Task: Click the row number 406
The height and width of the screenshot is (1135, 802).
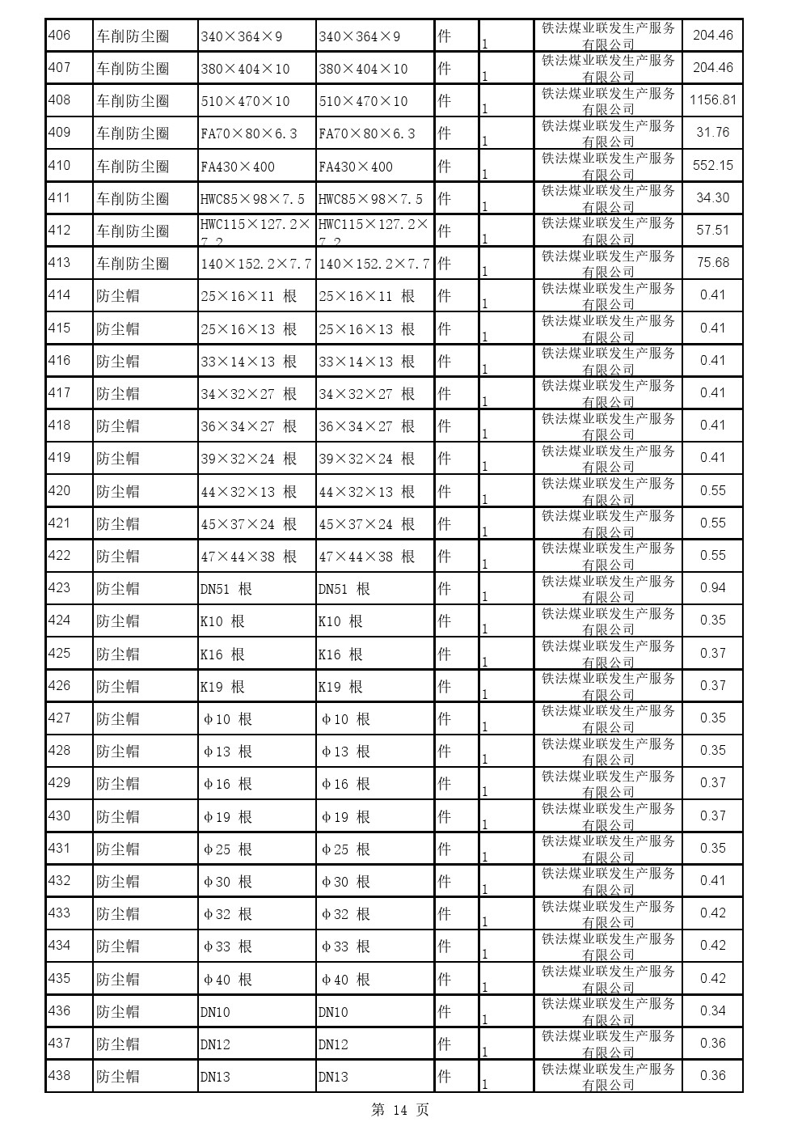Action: click(60, 35)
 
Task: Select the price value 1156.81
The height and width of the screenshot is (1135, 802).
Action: click(712, 100)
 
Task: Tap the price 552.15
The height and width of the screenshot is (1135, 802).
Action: click(712, 165)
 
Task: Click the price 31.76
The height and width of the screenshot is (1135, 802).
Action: click(712, 133)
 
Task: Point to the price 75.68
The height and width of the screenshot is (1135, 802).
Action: click(712, 263)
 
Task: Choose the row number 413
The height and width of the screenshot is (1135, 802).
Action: click(60, 262)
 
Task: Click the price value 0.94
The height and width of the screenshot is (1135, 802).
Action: click(712, 588)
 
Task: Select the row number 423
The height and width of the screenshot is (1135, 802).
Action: click(60, 587)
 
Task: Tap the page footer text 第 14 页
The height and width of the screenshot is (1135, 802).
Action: click(399, 1110)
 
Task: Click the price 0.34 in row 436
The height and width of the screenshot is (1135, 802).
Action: click(712, 1010)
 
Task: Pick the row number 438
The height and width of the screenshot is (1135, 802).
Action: click(60, 1075)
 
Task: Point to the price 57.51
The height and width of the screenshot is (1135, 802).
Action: click(712, 231)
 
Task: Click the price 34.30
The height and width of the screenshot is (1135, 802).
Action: click(712, 198)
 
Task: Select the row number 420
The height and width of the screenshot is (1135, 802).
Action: click(60, 490)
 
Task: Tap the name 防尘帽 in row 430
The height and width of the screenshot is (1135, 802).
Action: click(118, 816)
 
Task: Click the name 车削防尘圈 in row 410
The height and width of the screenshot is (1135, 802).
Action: click(133, 166)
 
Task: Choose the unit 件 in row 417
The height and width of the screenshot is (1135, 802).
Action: click(444, 393)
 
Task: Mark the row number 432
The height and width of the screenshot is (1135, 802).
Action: click(60, 880)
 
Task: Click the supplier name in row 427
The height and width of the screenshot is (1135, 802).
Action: click(608, 718)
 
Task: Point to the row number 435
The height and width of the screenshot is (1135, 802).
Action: click(60, 978)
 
